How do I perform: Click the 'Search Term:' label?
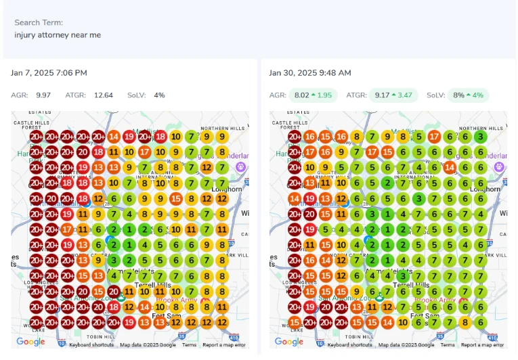pos(38,22)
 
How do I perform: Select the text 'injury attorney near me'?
pos(58,35)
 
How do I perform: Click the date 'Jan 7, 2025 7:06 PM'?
pos(49,72)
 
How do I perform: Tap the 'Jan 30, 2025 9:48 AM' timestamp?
pos(309,72)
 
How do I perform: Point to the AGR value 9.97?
pos(43,95)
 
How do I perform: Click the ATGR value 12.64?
pos(104,95)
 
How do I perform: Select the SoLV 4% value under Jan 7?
pos(159,95)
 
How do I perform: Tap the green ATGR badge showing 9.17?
pos(393,95)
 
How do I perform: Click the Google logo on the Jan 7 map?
pos(30,342)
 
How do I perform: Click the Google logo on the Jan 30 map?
pos(288,342)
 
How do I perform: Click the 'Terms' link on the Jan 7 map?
pos(189,345)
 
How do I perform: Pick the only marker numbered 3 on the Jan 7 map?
pos(114,260)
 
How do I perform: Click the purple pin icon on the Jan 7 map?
pos(240,166)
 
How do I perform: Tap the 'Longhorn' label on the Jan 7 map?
pos(227,189)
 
